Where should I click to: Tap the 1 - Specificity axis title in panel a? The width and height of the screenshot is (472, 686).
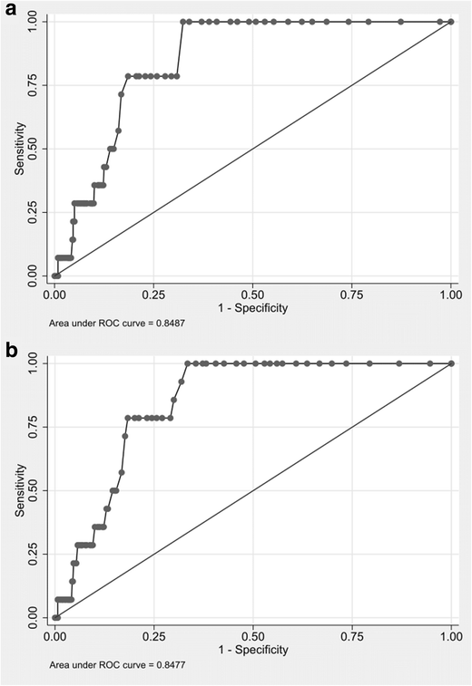point(252,308)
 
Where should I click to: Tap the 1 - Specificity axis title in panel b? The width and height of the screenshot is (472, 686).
point(252,650)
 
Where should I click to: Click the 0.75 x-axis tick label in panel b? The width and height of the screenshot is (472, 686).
point(352,636)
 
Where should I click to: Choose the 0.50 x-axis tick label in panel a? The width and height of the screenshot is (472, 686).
point(252,295)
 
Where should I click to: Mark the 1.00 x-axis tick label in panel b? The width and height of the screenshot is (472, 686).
point(451,636)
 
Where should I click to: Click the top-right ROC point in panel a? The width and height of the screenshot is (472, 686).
point(451,22)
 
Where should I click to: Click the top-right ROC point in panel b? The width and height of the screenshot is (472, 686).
point(451,363)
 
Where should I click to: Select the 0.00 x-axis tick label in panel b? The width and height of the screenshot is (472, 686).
point(54,636)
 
